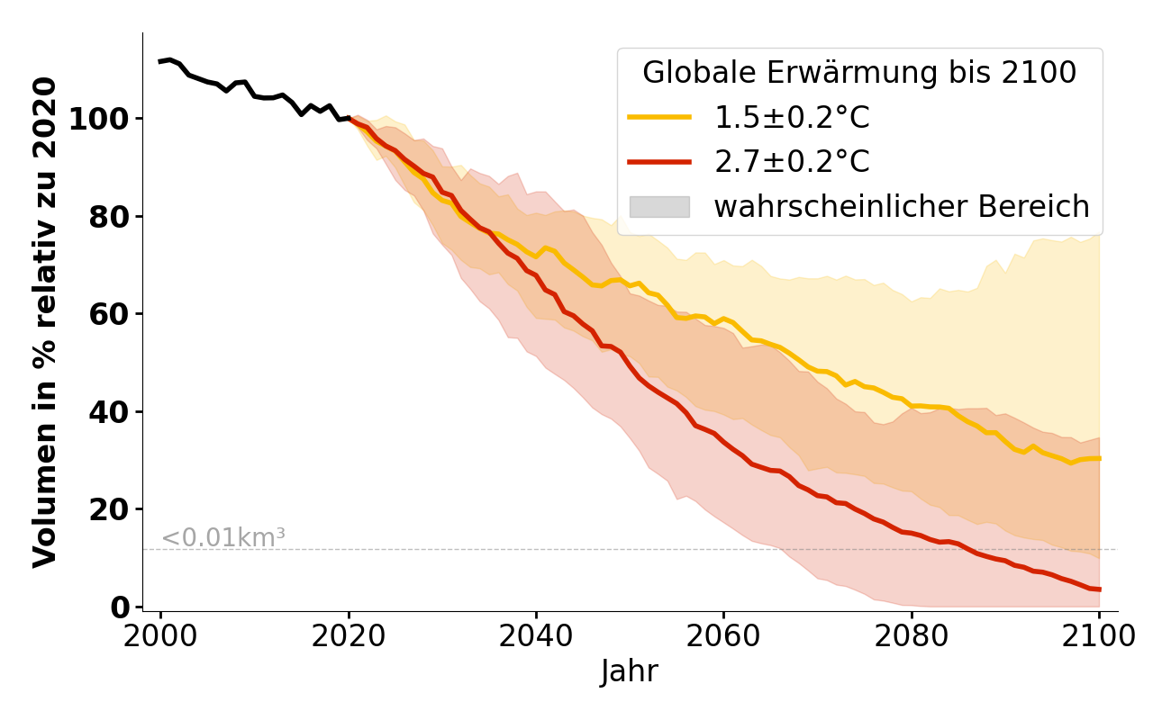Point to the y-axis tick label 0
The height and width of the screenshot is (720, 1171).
tap(121, 607)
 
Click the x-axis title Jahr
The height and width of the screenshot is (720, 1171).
tap(630, 672)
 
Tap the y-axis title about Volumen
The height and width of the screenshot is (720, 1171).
tap(45, 322)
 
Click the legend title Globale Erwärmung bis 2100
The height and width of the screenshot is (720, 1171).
tap(859, 73)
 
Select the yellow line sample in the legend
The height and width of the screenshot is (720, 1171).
tap(659, 118)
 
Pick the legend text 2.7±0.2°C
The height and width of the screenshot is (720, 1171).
tap(792, 162)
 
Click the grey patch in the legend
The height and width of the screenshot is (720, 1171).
tap(659, 207)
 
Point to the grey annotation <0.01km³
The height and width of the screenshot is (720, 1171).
tap(222, 538)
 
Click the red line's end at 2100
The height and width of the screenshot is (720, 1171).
tap(1099, 589)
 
